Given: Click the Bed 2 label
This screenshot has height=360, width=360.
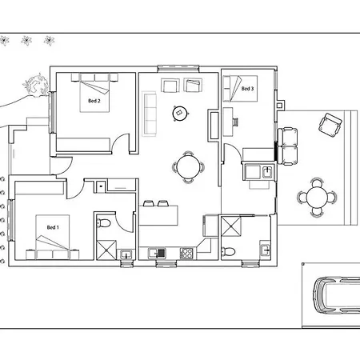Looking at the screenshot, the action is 94,101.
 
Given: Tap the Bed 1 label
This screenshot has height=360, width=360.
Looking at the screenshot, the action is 53,227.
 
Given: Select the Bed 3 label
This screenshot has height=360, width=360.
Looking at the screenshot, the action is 247,89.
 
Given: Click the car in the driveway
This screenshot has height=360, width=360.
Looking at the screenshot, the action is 337,295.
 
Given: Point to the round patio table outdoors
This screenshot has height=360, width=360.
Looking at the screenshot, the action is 317,198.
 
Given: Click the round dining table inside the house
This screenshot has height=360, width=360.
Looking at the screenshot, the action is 188,167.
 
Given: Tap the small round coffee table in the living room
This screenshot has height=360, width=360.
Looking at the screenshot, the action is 180,113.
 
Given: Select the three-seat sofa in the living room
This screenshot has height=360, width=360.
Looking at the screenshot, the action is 150,114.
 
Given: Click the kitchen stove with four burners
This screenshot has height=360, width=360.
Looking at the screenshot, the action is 186,254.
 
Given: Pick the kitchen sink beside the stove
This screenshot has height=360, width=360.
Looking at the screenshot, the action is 157,254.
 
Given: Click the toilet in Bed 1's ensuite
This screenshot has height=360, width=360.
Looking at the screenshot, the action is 103,222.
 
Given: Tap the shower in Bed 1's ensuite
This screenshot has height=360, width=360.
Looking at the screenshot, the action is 106,250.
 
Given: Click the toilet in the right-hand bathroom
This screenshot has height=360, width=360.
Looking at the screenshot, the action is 228,251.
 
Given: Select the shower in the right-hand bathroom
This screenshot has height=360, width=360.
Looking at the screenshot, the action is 231,226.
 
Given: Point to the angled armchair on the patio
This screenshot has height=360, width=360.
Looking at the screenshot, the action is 330,125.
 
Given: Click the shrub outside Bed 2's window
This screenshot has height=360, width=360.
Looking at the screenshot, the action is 37,85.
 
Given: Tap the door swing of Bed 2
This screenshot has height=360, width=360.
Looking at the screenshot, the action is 121,143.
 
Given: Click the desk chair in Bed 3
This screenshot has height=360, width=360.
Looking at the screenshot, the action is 235,122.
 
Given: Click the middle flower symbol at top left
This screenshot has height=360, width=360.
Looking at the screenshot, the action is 26,41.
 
